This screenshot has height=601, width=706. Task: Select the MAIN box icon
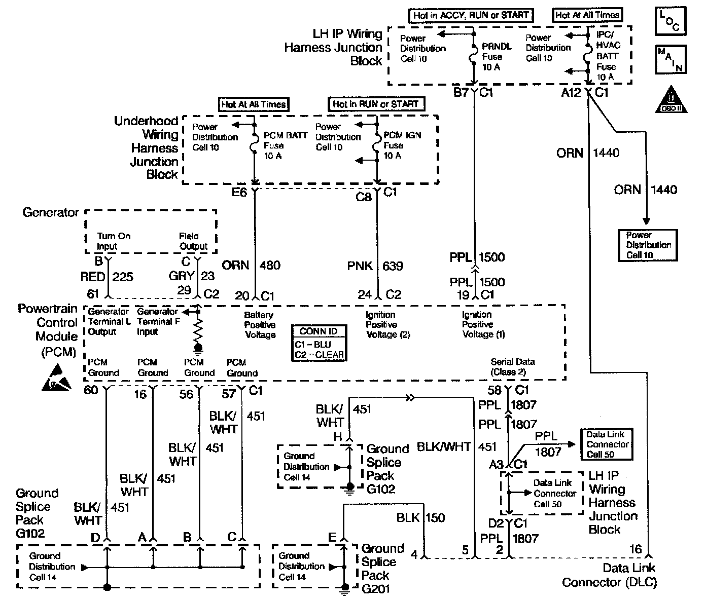point(670,59)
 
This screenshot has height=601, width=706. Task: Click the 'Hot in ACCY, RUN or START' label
point(470,16)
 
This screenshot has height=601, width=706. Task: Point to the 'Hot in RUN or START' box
point(376,104)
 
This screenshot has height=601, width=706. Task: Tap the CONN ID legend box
point(319,343)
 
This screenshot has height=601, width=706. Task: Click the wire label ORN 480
point(251,265)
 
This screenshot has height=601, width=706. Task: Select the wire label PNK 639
point(374,266)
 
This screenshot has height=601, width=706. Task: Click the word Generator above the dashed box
point(51,212)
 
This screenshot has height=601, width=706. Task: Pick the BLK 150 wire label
point(420,518)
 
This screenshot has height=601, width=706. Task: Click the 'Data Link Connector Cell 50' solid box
point(607,444)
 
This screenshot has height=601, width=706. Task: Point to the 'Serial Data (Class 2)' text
point(512,367)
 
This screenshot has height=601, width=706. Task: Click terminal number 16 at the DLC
point(635,549)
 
